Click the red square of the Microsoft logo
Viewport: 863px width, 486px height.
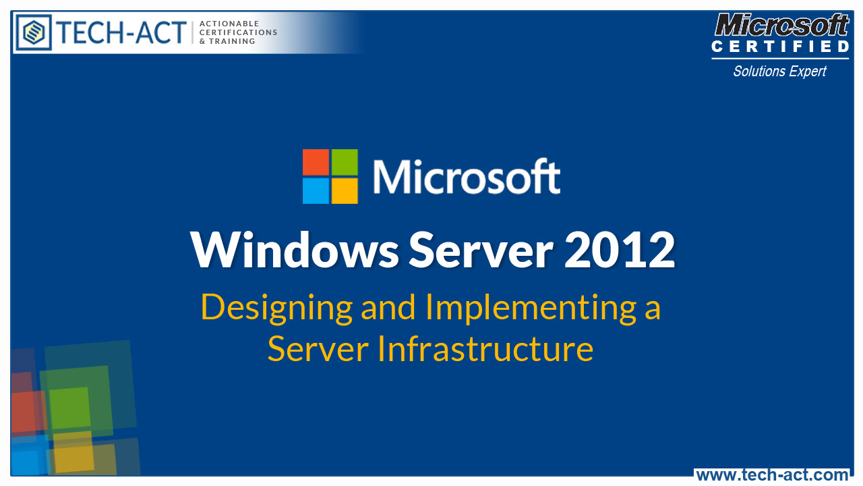click(316, 162)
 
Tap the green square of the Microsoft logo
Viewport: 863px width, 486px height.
click(344, 162)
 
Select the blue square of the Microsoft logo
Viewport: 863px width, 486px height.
click(316, 190)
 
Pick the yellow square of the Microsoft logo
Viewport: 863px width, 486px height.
click(344, 190)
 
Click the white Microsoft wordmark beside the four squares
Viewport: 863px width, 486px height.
click(466, 177)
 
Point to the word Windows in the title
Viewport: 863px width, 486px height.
click(295, 250)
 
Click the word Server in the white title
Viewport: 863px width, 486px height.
click(481, 250)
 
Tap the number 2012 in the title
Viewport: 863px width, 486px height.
click(620, 250)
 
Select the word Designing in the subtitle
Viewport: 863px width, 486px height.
click(276, 308)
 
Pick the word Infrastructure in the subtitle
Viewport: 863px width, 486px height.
click(485, 349)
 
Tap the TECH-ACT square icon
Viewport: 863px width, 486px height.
click(34, 32)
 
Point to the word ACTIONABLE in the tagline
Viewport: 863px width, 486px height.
click(229, 24)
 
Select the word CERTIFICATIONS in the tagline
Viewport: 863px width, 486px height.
click(239, 32)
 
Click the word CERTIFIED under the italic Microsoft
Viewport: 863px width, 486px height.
click(780, 47)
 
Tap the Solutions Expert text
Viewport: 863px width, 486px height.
click(779, 71)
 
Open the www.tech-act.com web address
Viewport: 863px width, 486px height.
click(772, 475)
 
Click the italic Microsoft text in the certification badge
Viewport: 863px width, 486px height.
click(781, 26)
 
